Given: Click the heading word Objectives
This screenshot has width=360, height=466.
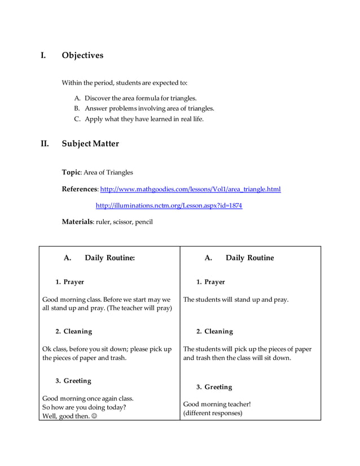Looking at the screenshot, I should point(82,55).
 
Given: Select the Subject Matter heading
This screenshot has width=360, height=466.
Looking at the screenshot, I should point(90,143).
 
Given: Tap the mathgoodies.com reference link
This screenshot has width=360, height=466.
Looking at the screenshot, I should point(190,189).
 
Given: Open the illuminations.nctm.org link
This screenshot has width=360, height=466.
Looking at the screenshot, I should point(169,205).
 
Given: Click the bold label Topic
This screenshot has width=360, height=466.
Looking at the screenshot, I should point(72,172).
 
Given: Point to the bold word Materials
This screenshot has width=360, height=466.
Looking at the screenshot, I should point(77,222).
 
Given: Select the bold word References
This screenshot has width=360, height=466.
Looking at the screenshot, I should point(80,189).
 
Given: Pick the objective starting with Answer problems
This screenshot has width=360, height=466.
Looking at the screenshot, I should point(149,108).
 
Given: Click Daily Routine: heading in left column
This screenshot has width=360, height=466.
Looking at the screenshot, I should point(109,258).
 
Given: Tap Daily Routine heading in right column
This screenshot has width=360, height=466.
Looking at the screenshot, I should point(249,258).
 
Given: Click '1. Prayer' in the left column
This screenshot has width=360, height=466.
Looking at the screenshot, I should point(69,282).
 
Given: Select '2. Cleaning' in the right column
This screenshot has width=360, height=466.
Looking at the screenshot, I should point(214,331).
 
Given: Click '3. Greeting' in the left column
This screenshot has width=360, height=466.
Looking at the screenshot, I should point(73,381).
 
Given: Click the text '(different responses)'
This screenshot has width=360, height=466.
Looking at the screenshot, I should point(213,413).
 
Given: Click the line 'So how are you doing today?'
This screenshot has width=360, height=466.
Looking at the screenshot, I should point(84,407).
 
